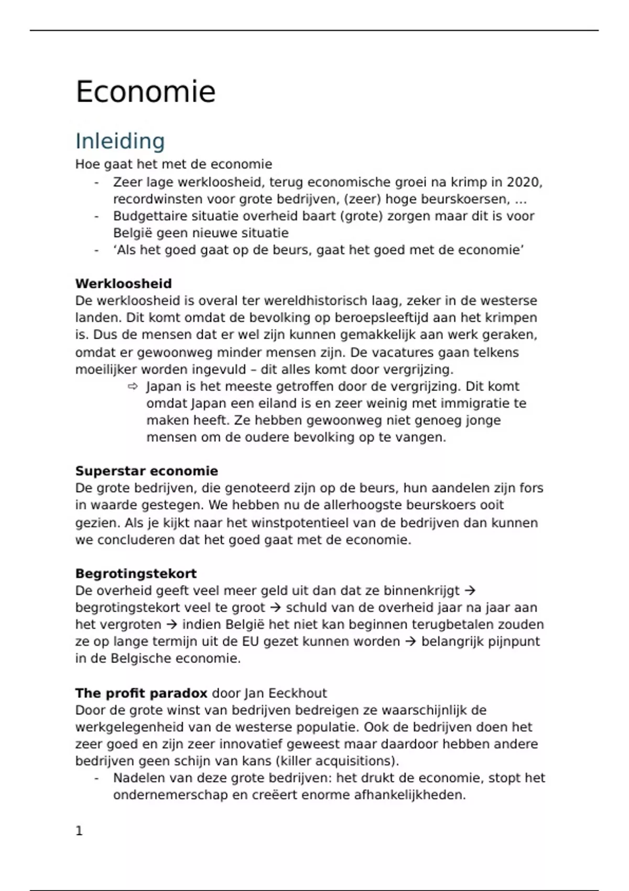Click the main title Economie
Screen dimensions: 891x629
pyautogui.click(x=145, y=92)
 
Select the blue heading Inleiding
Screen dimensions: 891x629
pyautogui.click(x=120, y=141)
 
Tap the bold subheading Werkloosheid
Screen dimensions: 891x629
pyautogui.click(x=123, y=284)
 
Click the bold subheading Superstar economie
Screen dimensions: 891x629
pyautogui.click(x=146, y=471)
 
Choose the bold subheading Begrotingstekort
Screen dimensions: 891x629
pyautogui.click(x=136, y=573)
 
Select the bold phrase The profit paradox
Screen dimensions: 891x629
pyautogui.click(x=141, y=693)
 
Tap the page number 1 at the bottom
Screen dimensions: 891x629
pyautogui.click(x=79, y=831)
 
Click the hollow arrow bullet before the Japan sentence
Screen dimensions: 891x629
pyautogui.click(x=133, y=387)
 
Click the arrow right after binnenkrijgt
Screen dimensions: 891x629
pyautogui.click(x=470, y=591)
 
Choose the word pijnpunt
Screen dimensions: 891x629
pyautogui.click(x=513, y=642)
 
